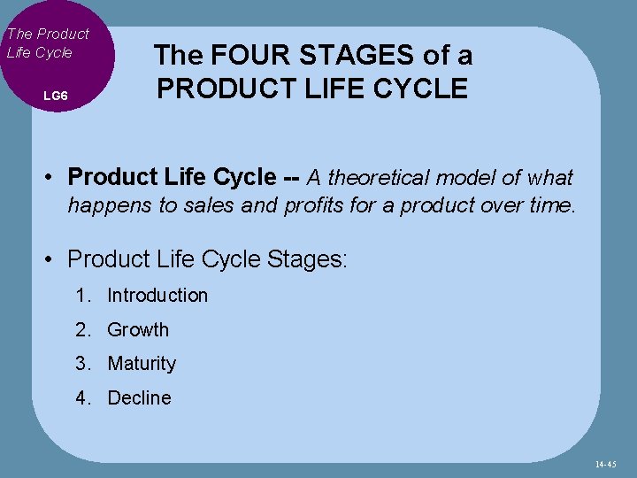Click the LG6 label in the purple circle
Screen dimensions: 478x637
click(x=55, y=95)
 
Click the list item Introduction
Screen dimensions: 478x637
click(x=157, y=296)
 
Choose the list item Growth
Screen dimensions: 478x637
click(x=137, y=330)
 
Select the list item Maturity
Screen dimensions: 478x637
click(x=142, y=364)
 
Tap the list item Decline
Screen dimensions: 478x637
click(x=139, y=398)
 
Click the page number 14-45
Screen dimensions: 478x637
click(x=606, y=463)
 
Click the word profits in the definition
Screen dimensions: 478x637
click(x=314, y=207)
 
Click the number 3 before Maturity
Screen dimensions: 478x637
click(x=82, y=364)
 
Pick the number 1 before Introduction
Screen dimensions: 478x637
click(x=82, y=296)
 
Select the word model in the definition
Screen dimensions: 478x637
click(x=468, y=178)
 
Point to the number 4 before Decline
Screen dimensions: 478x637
click(x=82, y=398)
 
